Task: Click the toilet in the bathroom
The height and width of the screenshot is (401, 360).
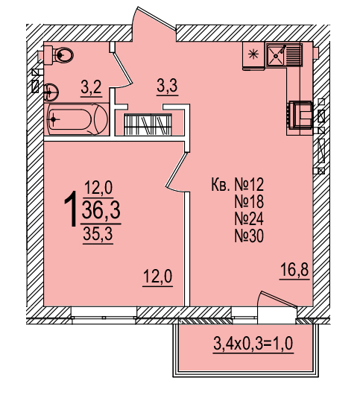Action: pos(59,54)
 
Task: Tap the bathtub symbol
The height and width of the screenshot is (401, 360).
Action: pos(77,119)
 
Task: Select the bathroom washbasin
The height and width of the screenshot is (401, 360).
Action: pos(51,92)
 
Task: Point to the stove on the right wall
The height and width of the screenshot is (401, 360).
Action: pos(300,115)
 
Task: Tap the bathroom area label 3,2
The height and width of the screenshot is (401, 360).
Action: pos(92,87)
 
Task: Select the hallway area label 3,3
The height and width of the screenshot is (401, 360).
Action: pos(168,86)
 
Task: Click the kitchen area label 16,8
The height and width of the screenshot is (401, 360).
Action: pos(294,270)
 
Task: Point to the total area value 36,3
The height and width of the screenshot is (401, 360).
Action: pos(101,209)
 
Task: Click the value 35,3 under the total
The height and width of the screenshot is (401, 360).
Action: pos(98,234)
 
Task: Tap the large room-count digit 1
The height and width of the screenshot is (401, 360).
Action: pos(71,209)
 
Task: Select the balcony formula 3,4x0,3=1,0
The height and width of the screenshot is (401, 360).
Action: pos(253,344)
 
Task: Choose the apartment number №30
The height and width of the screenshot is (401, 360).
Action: pos(249,236)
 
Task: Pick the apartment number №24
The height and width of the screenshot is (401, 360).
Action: pos(249,219)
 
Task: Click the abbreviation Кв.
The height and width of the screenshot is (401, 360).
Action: pos(220,185)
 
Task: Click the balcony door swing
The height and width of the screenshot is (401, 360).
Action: pos(277,299)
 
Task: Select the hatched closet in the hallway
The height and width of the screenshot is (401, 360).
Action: pos(148,124)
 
